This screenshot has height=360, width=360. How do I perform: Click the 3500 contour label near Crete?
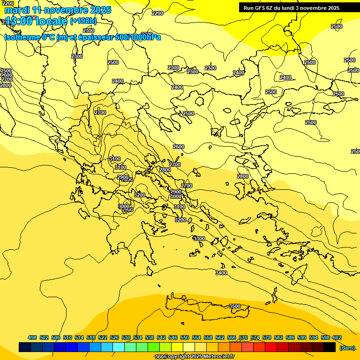234,306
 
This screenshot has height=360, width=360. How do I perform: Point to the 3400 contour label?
221,273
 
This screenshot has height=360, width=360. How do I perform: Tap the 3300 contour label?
199,239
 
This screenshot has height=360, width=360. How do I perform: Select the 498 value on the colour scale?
32,337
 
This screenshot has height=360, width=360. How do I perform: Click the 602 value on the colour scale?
337,337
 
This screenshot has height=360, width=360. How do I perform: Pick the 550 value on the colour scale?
185,337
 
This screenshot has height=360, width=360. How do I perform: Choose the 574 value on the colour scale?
255,337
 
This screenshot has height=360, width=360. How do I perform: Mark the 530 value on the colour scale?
126,337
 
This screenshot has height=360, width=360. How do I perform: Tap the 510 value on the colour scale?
67,337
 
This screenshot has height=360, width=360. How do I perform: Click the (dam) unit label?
347,347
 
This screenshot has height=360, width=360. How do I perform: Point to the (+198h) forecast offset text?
83,21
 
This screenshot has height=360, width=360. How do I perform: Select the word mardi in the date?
16,10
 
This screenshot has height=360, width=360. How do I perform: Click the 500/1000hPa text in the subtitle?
138,37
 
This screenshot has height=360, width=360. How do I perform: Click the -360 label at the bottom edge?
159,357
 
